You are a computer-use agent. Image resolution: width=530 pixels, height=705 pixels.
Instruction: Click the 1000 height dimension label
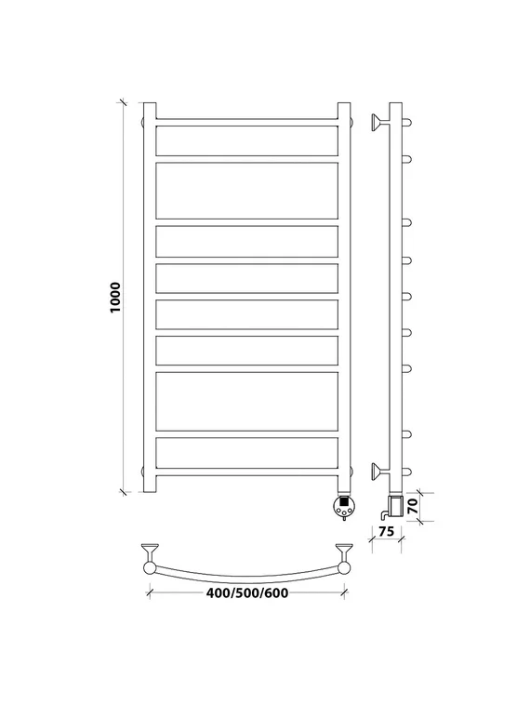coord(115,298)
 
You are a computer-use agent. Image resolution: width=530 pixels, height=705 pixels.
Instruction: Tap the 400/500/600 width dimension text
coord(247,593)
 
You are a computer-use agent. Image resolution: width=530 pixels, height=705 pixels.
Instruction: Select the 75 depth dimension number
coord(386,531)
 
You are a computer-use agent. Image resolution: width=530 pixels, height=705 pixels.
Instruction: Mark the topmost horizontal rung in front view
coord(246,122)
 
